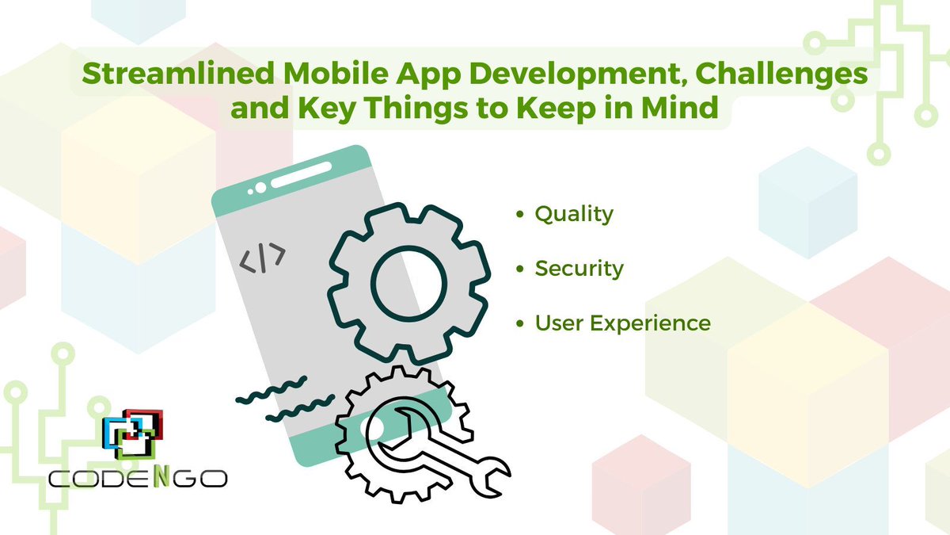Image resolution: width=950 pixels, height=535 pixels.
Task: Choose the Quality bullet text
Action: click(574, 214)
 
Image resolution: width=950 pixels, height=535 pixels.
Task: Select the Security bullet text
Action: click(579, 269)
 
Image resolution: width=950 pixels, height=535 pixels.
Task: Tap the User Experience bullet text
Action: click(622, 323)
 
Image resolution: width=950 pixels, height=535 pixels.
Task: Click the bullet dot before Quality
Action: click(519, 216)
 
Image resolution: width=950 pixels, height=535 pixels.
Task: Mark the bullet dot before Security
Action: click(519, 270)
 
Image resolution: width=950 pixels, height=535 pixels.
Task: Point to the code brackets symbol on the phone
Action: click(263, 258)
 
